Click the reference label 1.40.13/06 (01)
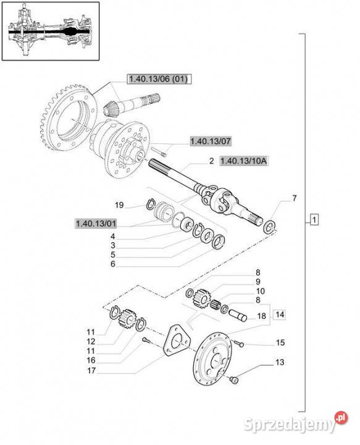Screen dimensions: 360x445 coord(159,79)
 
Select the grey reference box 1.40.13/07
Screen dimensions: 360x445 coord(211,141)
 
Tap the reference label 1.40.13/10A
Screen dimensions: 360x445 coord(243,161)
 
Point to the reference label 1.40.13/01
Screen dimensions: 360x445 coord(96,223)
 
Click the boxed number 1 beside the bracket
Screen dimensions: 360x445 coord(314,219)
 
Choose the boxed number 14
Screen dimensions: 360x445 coord(280,315)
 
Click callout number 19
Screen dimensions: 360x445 coord(119,205)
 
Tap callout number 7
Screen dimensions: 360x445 coord(295,198)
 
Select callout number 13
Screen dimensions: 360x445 coord(280,362)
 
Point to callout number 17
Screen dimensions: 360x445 coord(91,370)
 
